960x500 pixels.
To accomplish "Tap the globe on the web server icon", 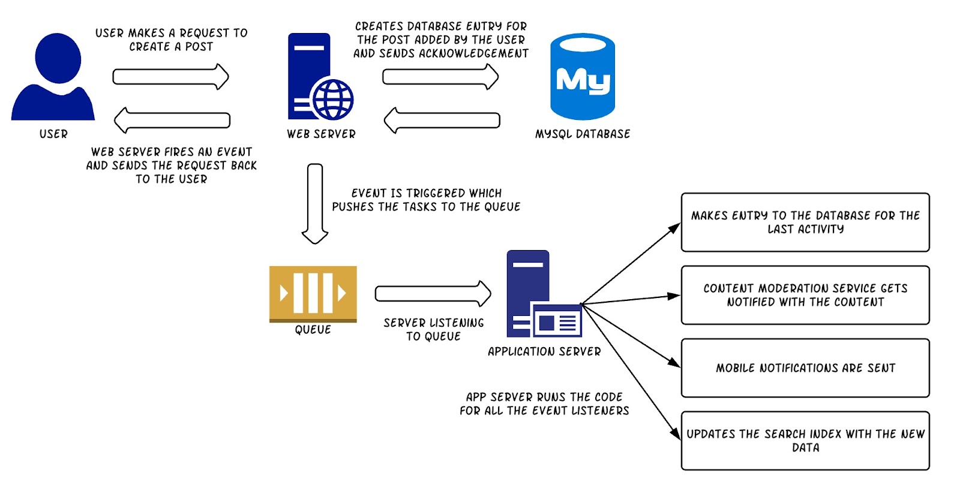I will (x=332, y=100).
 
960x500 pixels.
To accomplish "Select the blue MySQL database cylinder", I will (x=583, y=76).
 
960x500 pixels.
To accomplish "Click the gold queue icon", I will (x=313, y=293).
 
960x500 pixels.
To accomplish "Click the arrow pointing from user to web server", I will (x=170, y=77).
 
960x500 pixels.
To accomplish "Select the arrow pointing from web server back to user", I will (x=172, y=120).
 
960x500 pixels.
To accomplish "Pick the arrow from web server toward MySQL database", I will (x=440, y=77).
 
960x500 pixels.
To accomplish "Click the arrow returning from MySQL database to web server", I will (x=442, y=120).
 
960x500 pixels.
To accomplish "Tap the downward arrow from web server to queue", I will (x=315, y=203).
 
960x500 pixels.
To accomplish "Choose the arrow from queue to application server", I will (x=433, y=293).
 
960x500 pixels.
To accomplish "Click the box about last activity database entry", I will (x=805, y=222).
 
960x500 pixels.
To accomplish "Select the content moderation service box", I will (x=805, y=295).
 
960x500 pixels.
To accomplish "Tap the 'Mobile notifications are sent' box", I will (x=805, y=368).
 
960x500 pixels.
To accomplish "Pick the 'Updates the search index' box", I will (x=805, y=441).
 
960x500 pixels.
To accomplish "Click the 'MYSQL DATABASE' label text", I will (x=583, y=134).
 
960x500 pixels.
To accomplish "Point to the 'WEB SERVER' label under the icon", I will (x=321, y=134).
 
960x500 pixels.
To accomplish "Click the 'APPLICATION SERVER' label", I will (x=544, y=352).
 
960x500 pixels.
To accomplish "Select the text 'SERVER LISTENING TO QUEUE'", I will (x=433, y=330).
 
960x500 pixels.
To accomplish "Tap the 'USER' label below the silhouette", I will (x=53, y=134).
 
